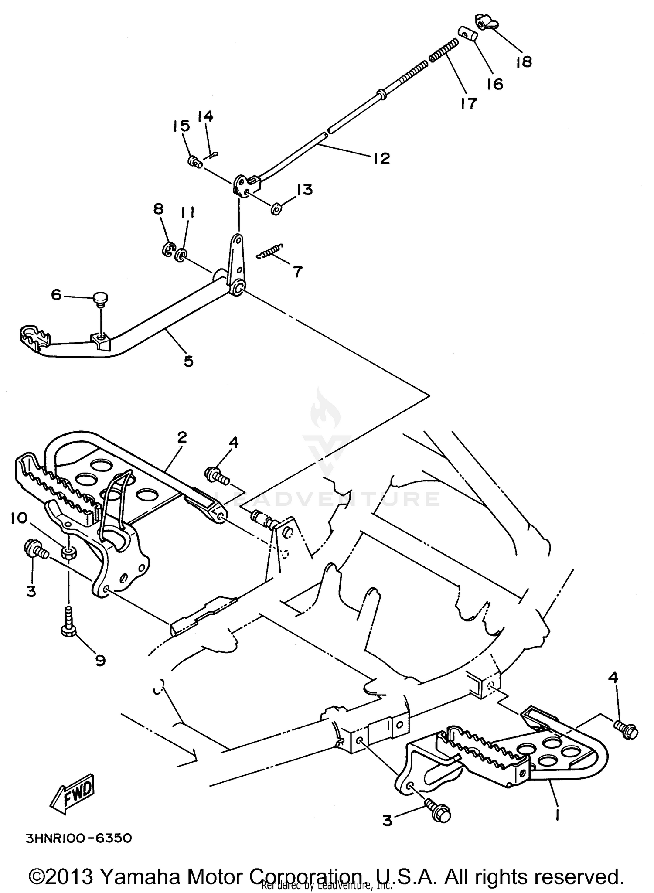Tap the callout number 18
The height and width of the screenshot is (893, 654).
coord(524,62)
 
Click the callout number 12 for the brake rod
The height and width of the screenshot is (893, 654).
coord(381,158)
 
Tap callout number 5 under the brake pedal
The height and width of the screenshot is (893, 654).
coord(188,361)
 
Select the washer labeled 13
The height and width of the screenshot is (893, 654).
coord(276,210)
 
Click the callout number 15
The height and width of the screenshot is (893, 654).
coord(181,126)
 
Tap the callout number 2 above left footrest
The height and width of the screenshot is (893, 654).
coord(182,437)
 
